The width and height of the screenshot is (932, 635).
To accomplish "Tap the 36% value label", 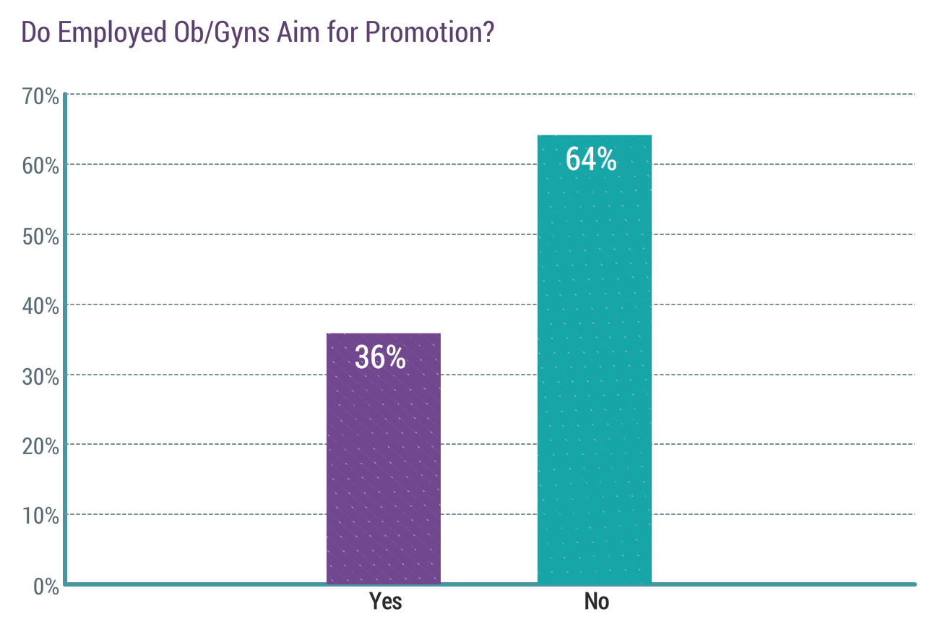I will pyautogui.click(x=380, y=357).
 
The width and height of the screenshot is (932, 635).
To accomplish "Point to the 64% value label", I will pyautogui.click(x=591, y=160).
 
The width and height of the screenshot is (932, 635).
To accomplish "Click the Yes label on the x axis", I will pyautogui.click(x=385, y=602).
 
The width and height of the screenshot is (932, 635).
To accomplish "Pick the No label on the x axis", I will pyautogui.click(x=597, y=602).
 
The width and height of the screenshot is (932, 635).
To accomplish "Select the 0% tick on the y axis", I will pyautogui.click(x=45, y=586).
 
